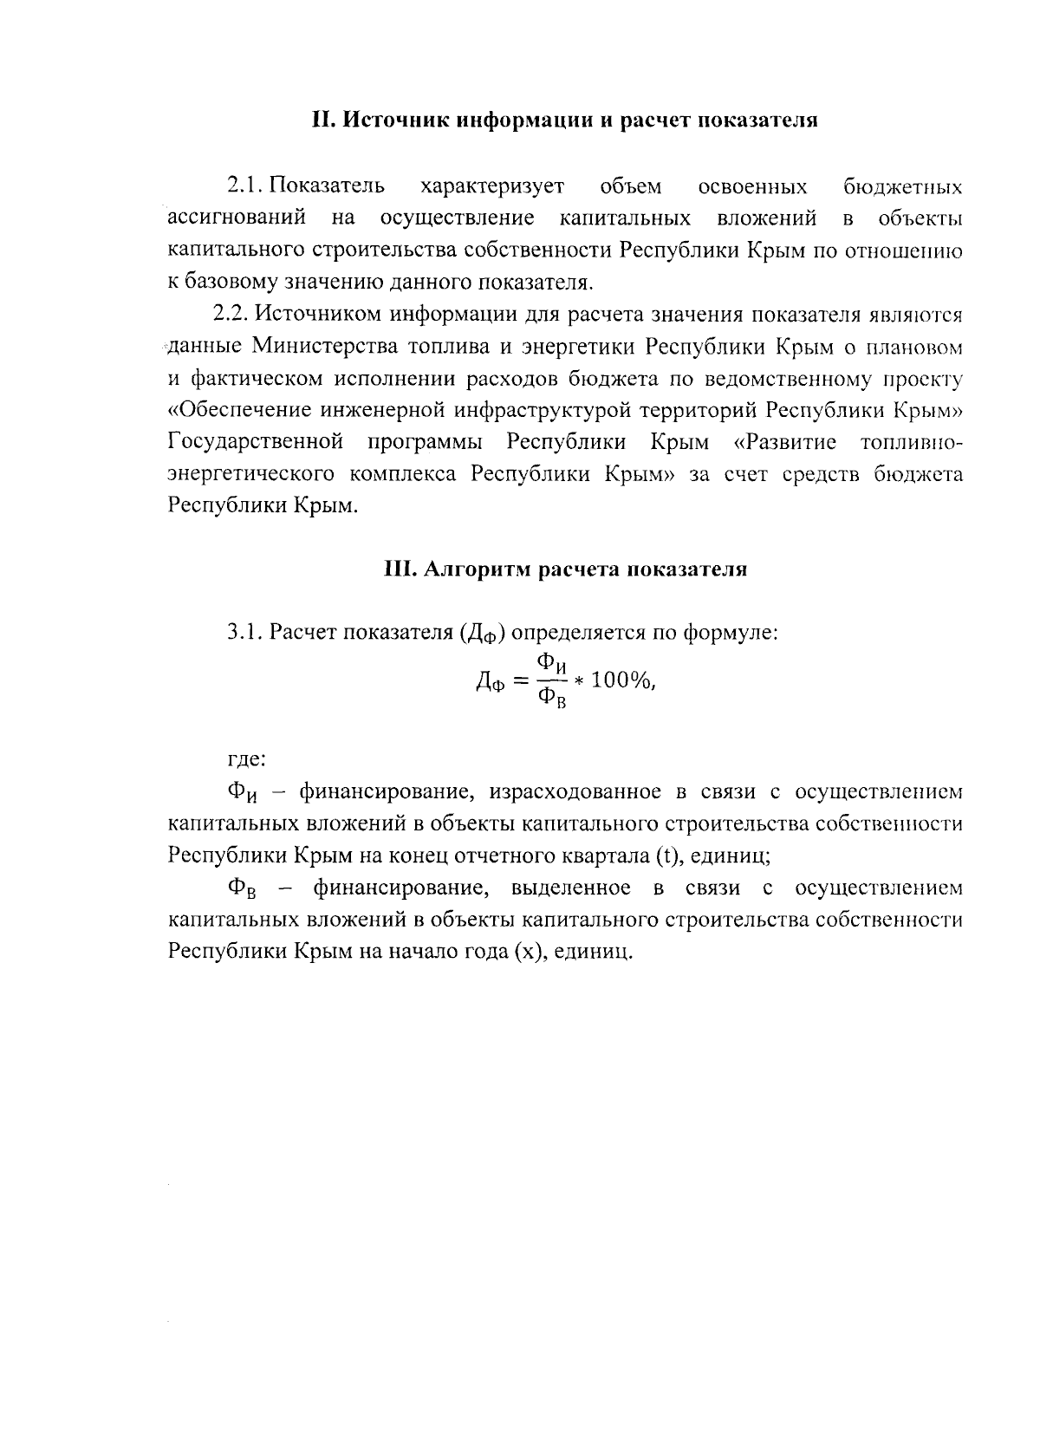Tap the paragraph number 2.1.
tap(245, 186)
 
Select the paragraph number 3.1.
tap(245, 632)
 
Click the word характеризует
tap(491, 186)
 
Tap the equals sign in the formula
tap(520, 681)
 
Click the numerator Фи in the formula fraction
tap(552, 664)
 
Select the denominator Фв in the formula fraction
tap(552, 699)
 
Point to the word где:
tap(246, 759)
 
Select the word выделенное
tap(571, 888)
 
